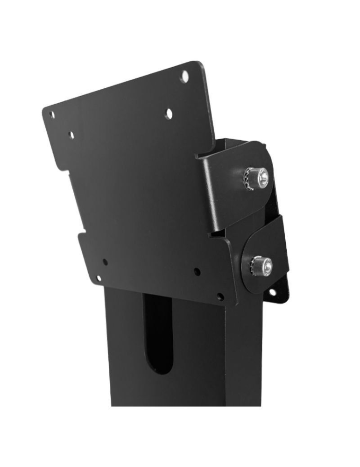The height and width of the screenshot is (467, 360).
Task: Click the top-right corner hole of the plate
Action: (x=185, y=74)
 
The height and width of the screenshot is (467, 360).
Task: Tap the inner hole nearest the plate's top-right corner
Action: (x=169, y=113)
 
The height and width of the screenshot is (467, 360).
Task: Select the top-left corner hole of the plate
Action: (x=52, y=114)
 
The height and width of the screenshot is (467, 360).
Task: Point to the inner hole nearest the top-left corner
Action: (x=71, y=135)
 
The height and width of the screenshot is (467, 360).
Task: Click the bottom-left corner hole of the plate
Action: (x=99, y=278)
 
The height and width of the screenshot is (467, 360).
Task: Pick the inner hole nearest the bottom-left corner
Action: (x=105, y=262)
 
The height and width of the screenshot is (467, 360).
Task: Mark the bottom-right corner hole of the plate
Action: (x=220, y=297)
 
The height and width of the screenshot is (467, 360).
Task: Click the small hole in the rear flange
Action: (x=272, y=292)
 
